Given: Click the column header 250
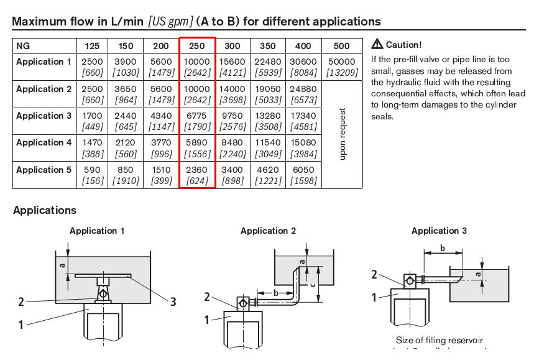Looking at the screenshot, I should pos(197,46).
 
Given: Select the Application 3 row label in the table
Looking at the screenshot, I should pos(44,116).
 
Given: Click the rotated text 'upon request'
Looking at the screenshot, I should pos(342,134).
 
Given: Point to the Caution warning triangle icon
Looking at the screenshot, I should pos(377,45).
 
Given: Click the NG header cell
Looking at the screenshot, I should pos(23,46).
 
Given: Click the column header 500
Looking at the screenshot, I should pos(341,46).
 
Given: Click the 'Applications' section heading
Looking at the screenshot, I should pos(45,210).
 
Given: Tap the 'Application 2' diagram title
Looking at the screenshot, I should pos(268,231).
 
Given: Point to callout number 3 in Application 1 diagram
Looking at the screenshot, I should pos(173,302).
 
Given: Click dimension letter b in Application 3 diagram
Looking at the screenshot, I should pos(442,248).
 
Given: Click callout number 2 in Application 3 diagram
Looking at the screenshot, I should pos(374,274).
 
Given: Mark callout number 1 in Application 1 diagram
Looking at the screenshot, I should pos(21,324).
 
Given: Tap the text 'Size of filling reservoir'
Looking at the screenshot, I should pos(439,340).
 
